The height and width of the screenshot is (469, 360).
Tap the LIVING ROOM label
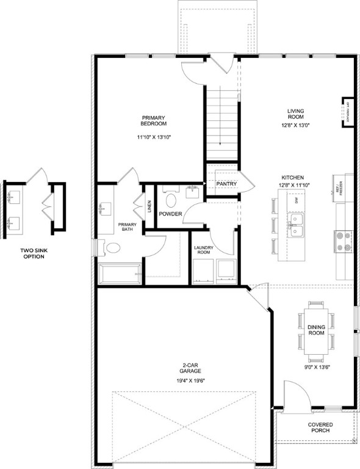pos(295,115)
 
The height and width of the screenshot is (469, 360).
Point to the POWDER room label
pos(171,214)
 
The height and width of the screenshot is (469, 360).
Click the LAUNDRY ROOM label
pos(204,250)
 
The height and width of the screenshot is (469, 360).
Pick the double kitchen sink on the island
pos(297,225)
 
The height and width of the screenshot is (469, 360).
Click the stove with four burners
pos(343,241)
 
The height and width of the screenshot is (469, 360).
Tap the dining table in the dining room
pos(315,327)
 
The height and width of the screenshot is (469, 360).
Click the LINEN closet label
pos(149,207)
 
